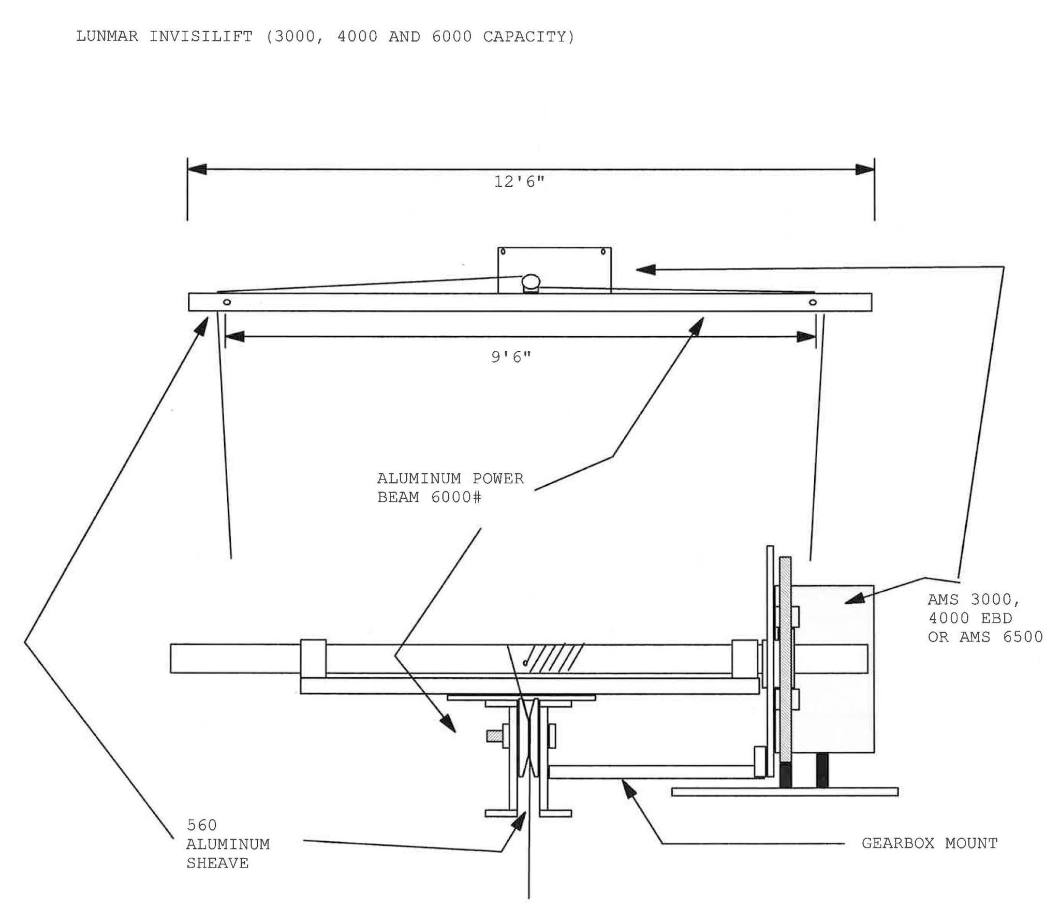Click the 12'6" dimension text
[x=519, y=182]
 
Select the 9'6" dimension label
[x=511, y=357]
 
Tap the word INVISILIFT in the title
[x=201, y=37]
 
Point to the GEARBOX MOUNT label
[x=929, y=843]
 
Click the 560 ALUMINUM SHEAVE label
[x=228, y=844]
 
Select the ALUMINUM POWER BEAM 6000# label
[x=450, y=487]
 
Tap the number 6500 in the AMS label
[x=1022, y=636]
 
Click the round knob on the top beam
[x=530, y=281]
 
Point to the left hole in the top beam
[x=226, y=302]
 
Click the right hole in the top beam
[x=813, y=302]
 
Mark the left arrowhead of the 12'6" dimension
[x=197, y=169]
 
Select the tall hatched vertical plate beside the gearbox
[x=786, y=667]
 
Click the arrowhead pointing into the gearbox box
[x=853, y=599]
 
